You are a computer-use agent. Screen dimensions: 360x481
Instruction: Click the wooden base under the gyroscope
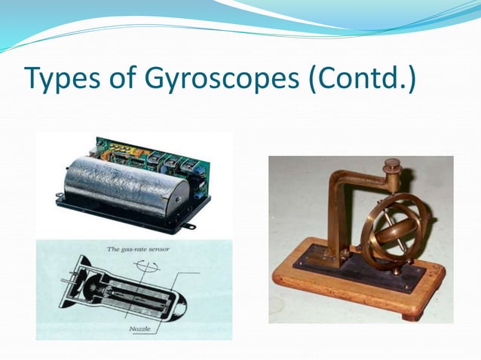(354, 294)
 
